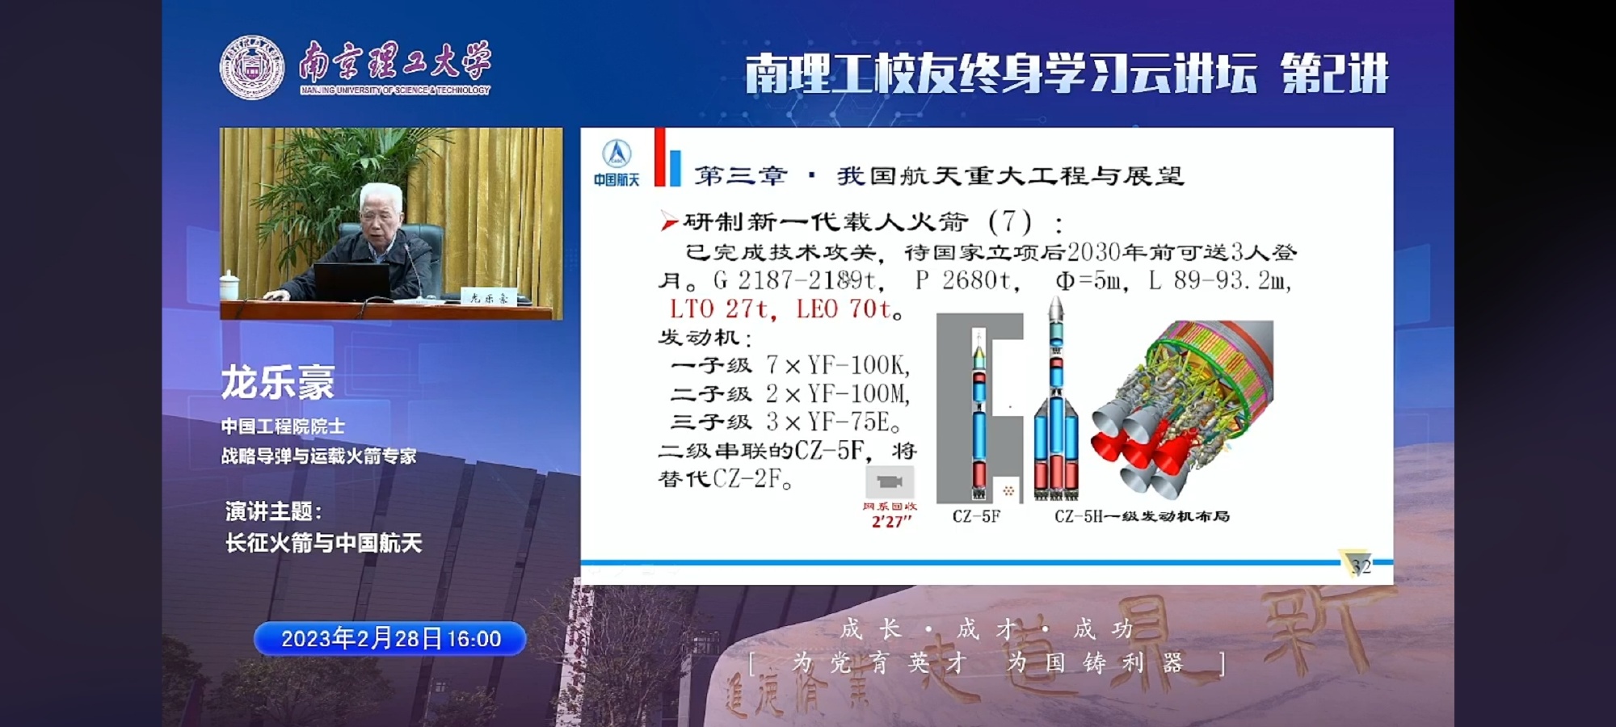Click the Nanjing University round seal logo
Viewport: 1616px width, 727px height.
[252, 68]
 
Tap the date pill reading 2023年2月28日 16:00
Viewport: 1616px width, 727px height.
[390, 639]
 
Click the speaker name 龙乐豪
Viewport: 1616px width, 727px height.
[277, 382]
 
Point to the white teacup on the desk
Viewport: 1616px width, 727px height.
[230, 285]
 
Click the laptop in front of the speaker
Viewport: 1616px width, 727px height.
[351, 282]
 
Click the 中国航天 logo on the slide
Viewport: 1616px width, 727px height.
[617, 162]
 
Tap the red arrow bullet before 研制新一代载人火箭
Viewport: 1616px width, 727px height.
[668, 221]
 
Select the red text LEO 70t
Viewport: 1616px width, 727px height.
[844, 309]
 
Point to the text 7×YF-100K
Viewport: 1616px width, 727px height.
[837, 366]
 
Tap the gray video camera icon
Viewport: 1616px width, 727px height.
[890, 482]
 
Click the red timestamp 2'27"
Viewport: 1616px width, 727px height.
[891, 522]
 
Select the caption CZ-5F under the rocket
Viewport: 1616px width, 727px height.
[976, 516]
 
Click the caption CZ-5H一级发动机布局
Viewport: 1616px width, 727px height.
[1141, 516]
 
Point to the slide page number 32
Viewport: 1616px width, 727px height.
[1361, 566]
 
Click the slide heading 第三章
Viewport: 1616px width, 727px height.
[740, 176]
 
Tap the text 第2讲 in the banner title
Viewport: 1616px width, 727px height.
[1334, 74]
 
